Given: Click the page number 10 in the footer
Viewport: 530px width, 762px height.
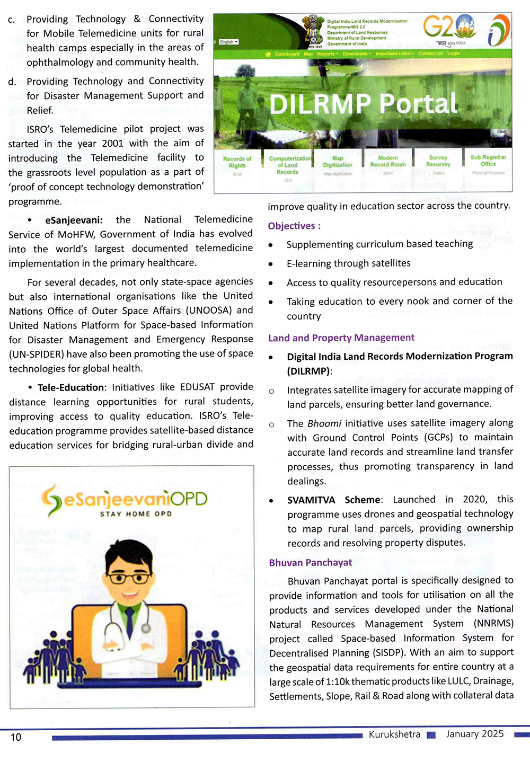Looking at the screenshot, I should coord(16,737).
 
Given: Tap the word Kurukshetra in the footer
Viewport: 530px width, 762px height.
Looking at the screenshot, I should coord(394,734).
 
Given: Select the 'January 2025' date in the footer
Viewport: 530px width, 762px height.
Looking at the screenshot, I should coord(475,734).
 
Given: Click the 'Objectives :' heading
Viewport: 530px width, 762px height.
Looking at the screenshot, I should coord(294,226).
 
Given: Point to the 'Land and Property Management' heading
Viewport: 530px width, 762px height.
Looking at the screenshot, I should coord(341,338).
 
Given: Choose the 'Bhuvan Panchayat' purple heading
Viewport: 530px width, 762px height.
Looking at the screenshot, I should coord(311,563).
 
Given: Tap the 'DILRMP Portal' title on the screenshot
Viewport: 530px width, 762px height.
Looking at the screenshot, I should coord(363,103).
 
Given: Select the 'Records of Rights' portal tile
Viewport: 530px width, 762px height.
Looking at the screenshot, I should coord(237,162).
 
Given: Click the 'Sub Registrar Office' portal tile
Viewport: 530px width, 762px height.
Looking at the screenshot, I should coord(488,161).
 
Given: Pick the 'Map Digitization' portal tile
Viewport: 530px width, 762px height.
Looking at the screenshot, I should coord(338,162).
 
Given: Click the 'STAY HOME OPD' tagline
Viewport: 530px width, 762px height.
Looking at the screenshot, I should coord(136,514).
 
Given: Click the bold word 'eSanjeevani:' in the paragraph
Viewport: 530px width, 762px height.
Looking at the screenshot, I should coord(74,220).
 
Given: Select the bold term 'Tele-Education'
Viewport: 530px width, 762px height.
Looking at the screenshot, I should coord(71,388).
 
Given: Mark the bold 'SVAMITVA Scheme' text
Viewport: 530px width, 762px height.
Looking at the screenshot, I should coord(334,500).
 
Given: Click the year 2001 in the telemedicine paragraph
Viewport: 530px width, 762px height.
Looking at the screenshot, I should coord(112,144).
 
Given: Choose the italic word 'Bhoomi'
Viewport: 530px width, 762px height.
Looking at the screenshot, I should coord(324,423).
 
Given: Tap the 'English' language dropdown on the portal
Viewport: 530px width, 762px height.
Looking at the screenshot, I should coord(229,41).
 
